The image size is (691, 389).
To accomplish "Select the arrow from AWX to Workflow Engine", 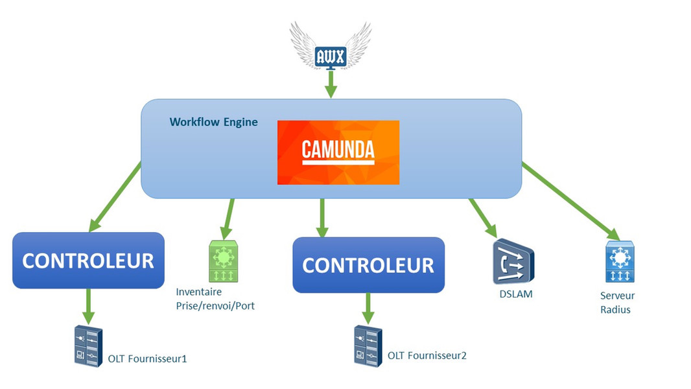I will [x=331, y=84].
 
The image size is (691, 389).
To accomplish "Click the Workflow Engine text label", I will [x=213, y=122].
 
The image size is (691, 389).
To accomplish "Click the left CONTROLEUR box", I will [x=88, y=260].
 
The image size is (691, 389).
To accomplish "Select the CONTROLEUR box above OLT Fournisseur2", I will [x=368, y=265].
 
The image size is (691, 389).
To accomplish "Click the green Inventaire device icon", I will [x=224, y=261].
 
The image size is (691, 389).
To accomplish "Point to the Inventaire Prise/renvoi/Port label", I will [x=215, y=299].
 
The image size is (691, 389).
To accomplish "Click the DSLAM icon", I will [x=512, y=262].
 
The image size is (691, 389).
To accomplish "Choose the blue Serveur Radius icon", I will [x=620, y=262].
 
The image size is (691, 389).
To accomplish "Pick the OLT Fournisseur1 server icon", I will [x=88, y=346].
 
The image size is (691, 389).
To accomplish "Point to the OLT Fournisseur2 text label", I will [x=427, y=355].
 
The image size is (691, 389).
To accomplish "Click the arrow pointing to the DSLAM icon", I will [x=483, y=217].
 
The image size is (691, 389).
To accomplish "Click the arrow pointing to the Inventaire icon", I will [x=228, y=219].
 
